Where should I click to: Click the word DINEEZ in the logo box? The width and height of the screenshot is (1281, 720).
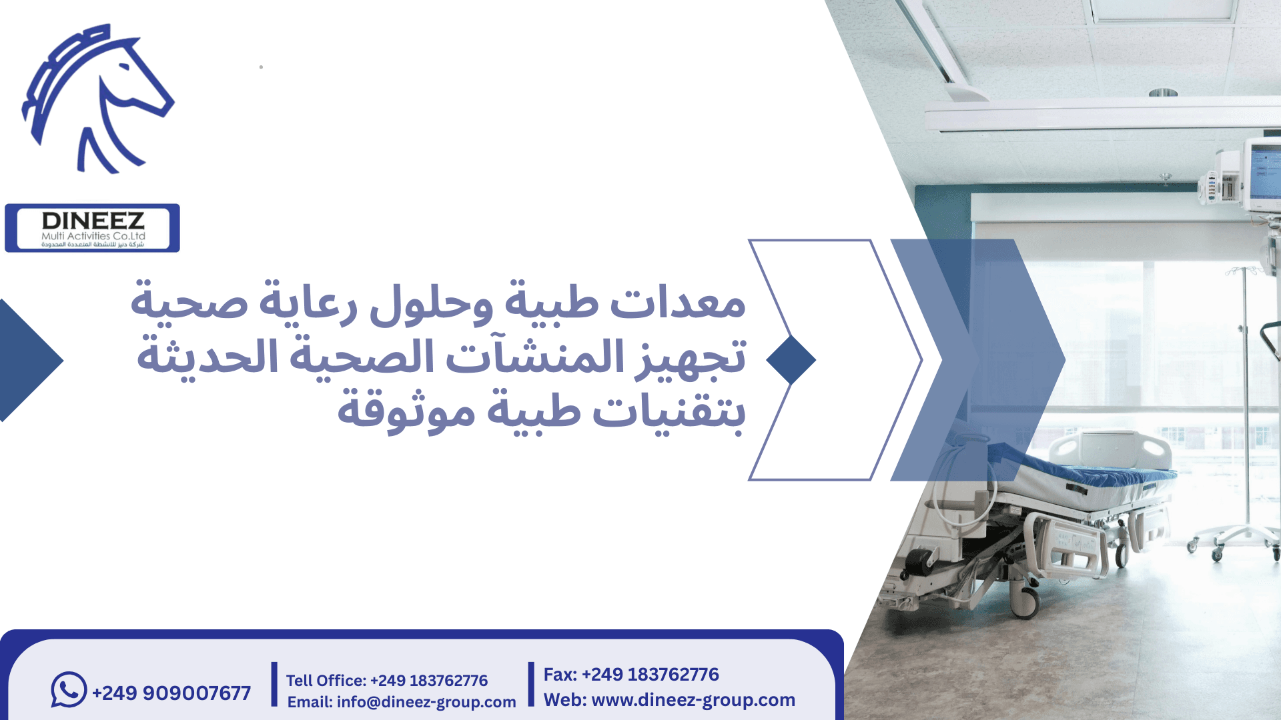pyautogui.click(x=93, y=221)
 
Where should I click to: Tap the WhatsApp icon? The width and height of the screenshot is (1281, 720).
pyautogui.click(x=69, y=689)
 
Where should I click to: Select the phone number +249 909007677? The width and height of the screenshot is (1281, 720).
pyautogui.click(x=171, y=693)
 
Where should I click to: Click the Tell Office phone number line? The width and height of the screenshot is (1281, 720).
pyautogui.click(x=387, y=681)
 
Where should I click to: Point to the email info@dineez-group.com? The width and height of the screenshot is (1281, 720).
pyautogui.click(x=402, y=702)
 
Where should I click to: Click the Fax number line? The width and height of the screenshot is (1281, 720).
pyautogui.click(x=631, y=675)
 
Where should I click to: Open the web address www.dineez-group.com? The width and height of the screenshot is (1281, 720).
pyautogui.click(x=669, y=700)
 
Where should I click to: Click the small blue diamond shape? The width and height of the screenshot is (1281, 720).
pyautogui.click(x=791, y=360)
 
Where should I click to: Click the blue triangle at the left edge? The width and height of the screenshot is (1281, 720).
pyautogui.click(x=27, y=360)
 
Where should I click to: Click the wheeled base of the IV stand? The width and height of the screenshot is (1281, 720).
pyautogui.click(x=1234, y=540)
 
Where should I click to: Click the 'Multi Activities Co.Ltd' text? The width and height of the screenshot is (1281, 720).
pyautogui.click(x=93, y=236)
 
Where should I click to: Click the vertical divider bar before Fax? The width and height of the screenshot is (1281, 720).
pyautogui.click(x=531, y=684)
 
